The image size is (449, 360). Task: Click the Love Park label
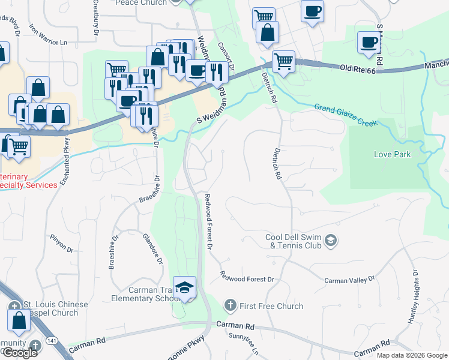pyautogui.click(x=393, y=154)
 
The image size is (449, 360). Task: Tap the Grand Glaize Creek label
pyautogui.click(x=346, y=115)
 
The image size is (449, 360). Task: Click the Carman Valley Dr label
pyautogui.click(x=349, y=280)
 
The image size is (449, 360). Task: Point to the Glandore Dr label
pyautogui.click(x=152, y=248)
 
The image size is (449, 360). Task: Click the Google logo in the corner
pyautogui.click(x=19, y=353)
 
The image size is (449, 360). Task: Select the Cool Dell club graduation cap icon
pyautogui.click(x=331, y=241)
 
